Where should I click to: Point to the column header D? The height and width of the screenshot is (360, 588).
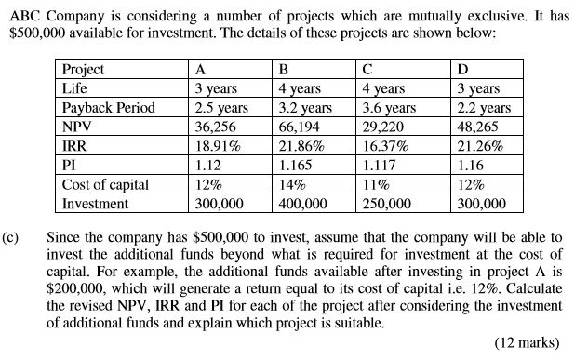pos(463,69)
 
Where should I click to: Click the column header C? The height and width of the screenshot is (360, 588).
pos(369,69)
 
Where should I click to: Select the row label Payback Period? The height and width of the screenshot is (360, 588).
pos(107,107)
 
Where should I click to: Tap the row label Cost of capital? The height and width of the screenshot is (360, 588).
pos(105,183)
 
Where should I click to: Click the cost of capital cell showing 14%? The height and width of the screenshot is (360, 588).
pos(293,183)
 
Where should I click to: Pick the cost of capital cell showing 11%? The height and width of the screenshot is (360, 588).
pos(379,183)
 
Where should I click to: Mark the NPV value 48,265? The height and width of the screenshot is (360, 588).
pos(480,127)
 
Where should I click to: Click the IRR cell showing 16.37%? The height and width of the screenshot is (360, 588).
pos(387,145)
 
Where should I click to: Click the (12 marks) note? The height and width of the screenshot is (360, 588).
pos(528,342)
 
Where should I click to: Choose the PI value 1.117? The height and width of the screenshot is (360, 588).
pos(381,165)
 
